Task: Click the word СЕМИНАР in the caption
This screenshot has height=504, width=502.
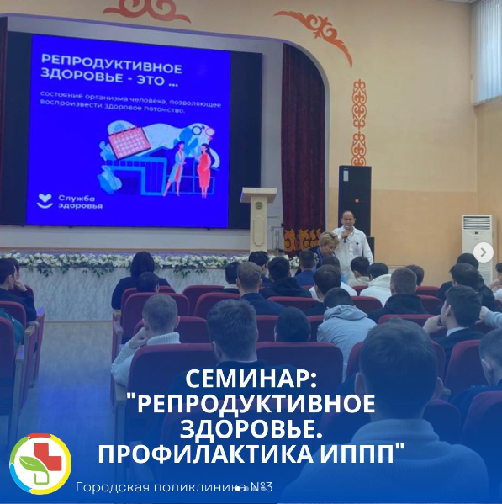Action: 251,379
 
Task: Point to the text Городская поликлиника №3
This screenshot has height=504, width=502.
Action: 174,488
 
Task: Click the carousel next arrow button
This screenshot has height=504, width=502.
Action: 483,252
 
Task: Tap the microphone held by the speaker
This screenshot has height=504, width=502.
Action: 346,234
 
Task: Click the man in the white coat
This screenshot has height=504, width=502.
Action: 352,244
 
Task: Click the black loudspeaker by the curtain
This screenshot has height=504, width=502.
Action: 355,200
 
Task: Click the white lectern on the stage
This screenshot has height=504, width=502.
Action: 259,219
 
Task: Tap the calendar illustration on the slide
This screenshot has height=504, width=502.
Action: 129,141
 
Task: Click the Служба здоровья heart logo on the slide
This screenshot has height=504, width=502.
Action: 45,201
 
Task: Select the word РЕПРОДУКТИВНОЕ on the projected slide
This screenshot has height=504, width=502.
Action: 112,64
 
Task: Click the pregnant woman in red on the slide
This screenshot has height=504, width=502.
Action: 204,170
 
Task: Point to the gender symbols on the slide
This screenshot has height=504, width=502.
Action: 203,130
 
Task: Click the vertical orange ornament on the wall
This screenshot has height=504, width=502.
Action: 359,123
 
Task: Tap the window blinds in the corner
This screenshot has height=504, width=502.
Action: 487,51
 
